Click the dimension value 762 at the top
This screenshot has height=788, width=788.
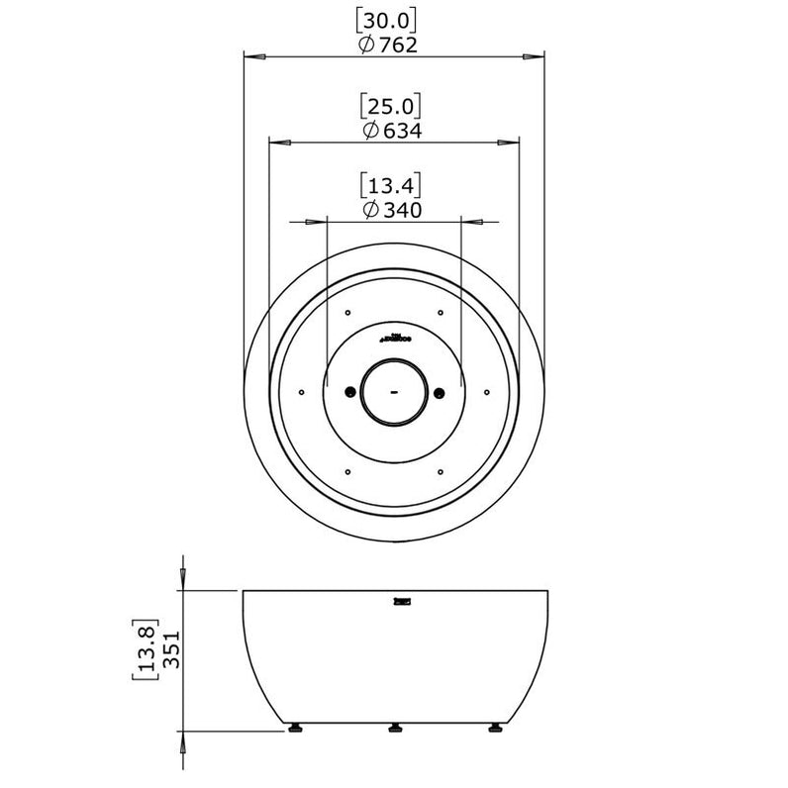(x=401, y=45)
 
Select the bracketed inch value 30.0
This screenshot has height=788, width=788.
(x=392, y=19)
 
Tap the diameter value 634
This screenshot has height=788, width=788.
(x=402, y=131)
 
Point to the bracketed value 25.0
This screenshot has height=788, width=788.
(x=392, y=105)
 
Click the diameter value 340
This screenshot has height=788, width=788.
(x=402, y=210)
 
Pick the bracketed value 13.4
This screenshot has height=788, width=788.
(x=392, y=184)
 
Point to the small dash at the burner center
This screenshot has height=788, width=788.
(x=393, y=392)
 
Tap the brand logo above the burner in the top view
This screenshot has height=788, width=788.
(x=393, y=337)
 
